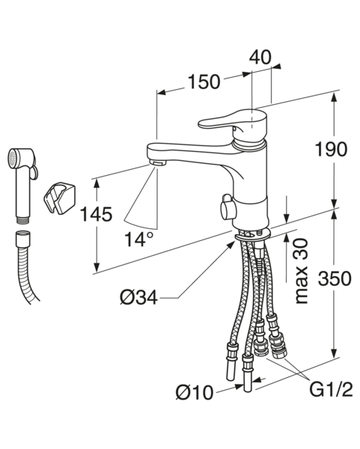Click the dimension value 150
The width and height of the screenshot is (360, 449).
[x=204, y=82]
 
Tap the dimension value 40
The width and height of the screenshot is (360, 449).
[x=260, y=57]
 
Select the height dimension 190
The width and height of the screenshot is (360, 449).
[x=331, y=150]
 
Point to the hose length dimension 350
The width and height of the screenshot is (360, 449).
[x=335, y=278]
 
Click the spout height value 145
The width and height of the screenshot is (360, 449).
[x=96, y=214]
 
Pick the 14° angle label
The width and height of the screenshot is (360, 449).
[x=139, y=239]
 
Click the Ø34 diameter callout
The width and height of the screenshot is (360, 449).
[x=138, y=298]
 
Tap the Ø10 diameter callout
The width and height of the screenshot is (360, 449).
[x=194, y=392]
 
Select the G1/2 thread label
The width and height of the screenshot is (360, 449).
[x=331, y=389]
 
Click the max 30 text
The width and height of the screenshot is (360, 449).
[x=301, y=271]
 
